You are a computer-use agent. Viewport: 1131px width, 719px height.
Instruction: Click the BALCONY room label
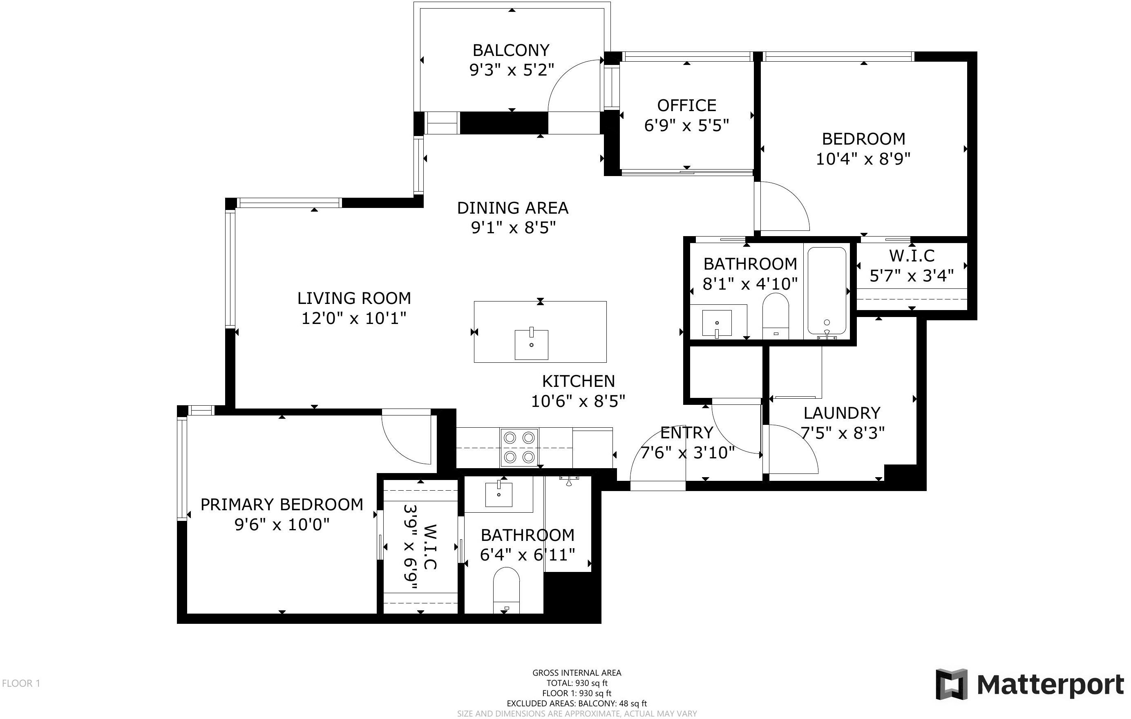pos(511,50)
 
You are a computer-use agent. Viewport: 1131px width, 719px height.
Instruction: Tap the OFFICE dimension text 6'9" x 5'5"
pos(686,125)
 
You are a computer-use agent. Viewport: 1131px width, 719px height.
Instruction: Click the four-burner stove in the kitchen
pos(519,447)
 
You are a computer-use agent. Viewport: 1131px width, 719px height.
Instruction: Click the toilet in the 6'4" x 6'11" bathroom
pos(506,590)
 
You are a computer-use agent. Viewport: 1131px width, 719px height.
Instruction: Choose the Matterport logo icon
pos(951,684)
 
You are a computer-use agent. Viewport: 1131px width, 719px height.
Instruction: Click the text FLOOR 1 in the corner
pos(21,683)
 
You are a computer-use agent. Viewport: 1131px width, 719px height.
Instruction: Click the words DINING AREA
pos(512,208)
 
